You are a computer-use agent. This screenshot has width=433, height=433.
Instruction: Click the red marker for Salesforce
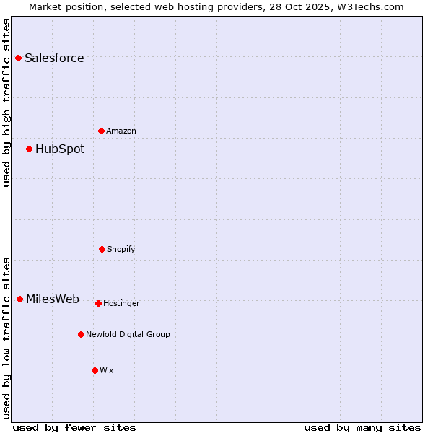[x=18, y=58]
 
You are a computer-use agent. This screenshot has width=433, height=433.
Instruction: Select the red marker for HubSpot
[x=29, y=149]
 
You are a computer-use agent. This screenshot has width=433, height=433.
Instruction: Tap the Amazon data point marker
[x=101, y=131]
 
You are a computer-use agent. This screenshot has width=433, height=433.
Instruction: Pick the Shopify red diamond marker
[x=102, y=249]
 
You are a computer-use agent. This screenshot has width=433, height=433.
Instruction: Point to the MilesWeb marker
[x=19, y=299]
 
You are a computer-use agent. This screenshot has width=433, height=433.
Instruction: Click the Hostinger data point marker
[x=98, y=303]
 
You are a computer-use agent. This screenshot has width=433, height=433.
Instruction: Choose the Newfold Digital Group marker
[x=81, y=334]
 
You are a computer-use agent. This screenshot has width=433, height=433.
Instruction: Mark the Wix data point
[x=95, y=370]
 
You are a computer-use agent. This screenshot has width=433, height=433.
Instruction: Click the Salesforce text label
[x=54, y=58]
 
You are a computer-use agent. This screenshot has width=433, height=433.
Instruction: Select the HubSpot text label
[x=60, y=149]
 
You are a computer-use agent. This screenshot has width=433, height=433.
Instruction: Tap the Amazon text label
[x=121, y=131]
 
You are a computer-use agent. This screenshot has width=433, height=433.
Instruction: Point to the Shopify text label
[x=121, y=249]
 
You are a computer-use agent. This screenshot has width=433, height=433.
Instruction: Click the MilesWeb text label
[x=53, y=299]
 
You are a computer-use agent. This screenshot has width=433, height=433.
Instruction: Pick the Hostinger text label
[x=121, y=303]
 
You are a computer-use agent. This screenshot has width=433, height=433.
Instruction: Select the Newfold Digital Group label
[x=128, y=334]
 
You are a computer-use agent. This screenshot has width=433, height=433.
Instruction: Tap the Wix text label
[x=107, y=370]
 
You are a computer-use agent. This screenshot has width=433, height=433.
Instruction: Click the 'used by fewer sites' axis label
[x=74, y=427]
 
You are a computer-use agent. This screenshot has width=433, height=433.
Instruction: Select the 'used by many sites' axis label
[x=362, y=427]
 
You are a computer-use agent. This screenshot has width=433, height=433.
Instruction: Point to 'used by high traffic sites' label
[x=6, y=102]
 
